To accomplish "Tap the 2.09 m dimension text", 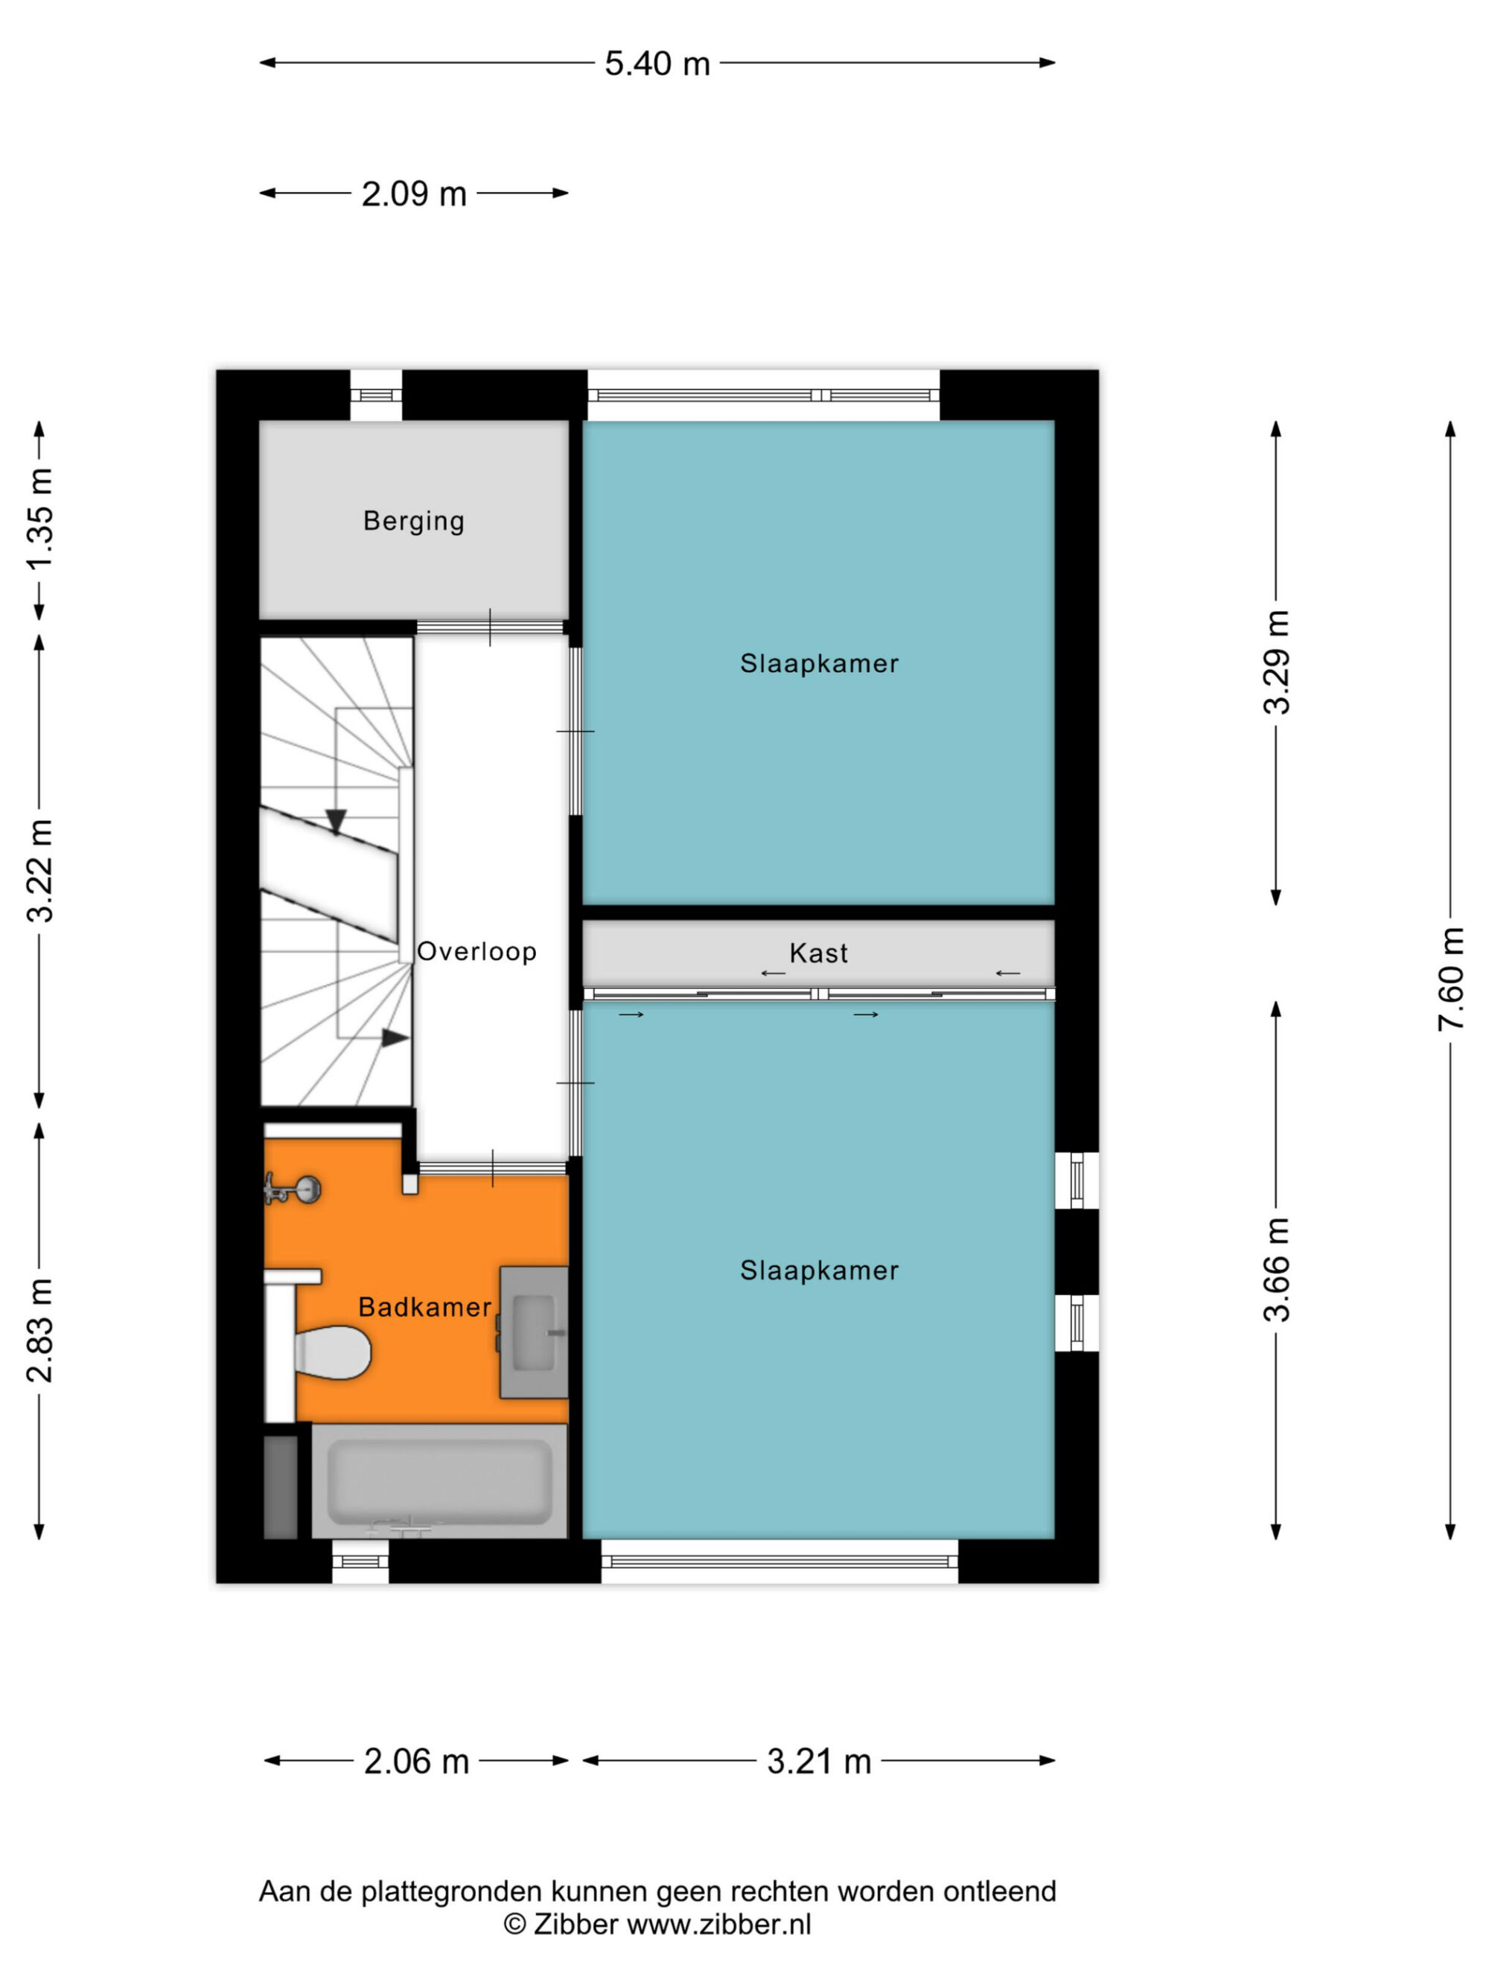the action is [x=414, y=194].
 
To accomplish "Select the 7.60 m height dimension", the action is [x=1450, y=979].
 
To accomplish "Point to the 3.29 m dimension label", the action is [x=1275, y=662].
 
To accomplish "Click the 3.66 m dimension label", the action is [x=1275, y=1270].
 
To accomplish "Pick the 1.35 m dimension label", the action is [x=39, y=519].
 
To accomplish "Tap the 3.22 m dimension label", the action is [x=39, y=871].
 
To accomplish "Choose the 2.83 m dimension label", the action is [x=39, y=1330].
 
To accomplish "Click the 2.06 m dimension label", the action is [x=416, y=1762].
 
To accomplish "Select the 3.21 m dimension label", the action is [x=818, y=1762].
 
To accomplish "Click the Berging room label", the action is [x=414, y=522].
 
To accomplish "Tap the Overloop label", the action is [x=476, y=951].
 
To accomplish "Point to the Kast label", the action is [x=818, y=953].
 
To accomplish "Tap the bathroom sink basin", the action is [x=534, y=1332].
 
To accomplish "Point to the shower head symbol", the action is [x=293, y=1189].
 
